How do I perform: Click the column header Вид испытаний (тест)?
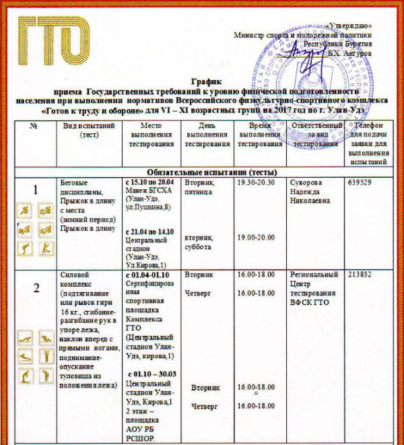pos(90,130)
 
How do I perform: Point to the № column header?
pos(33,126)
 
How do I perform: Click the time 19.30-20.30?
pos(257,182)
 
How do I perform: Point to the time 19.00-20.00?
pos(257,238)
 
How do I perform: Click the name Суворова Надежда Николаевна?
pos(312,191)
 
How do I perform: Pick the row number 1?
pos(36,191)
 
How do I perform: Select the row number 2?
pos(36,287)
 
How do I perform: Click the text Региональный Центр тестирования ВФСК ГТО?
pos(313,288)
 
